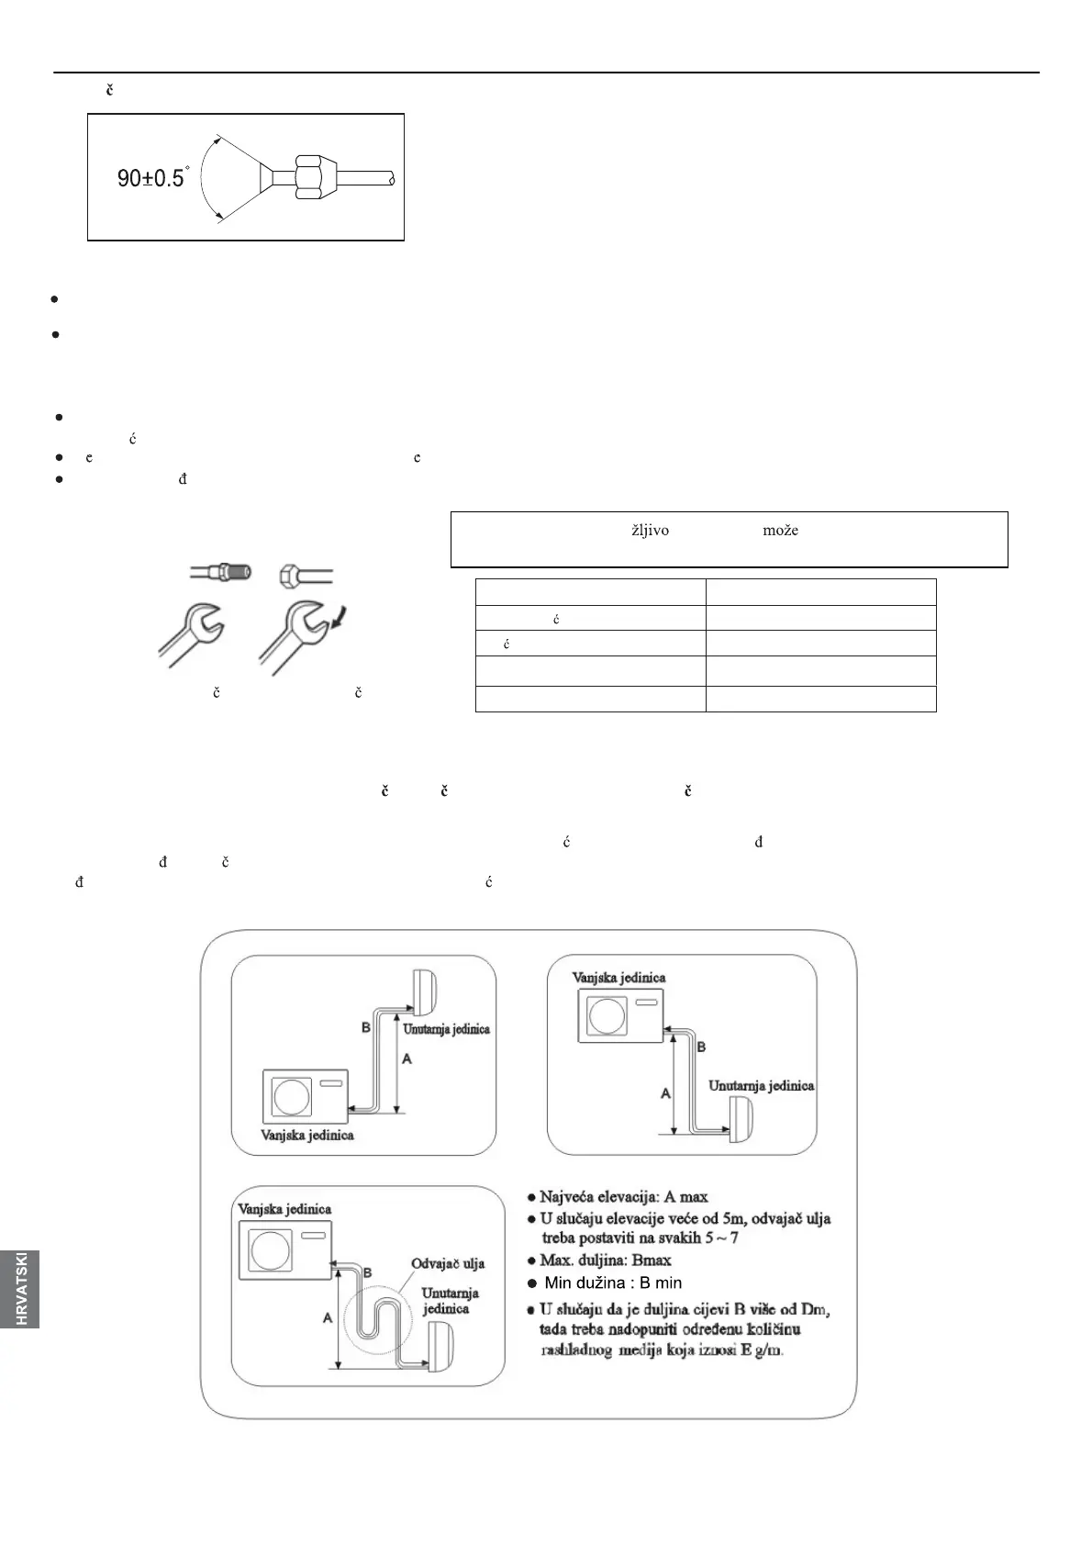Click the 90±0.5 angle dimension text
pos(152,178)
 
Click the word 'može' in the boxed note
pos(780,531)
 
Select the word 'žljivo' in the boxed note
pos(650,531)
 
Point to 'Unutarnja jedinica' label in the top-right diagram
pos(761,1085)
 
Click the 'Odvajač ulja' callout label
pos(448,1263)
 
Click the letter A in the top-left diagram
pos(407,1059)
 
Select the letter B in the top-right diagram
pos(702,1046)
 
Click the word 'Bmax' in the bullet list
pos(652,1260)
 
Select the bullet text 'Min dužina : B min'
pos(613,1283)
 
